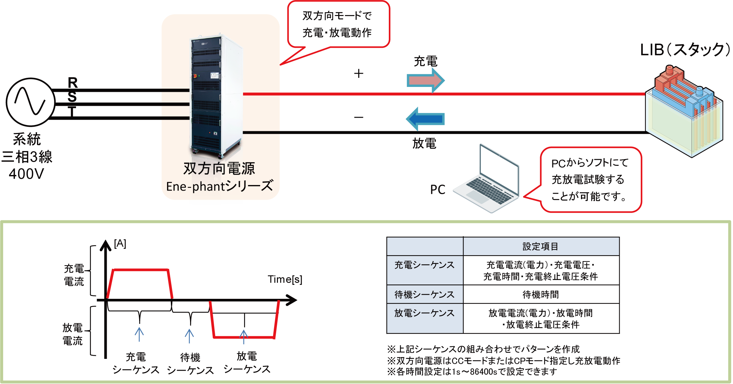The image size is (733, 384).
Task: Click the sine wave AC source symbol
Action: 31,102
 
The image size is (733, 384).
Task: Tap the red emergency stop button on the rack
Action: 195,76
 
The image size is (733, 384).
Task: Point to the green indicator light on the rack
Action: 199,76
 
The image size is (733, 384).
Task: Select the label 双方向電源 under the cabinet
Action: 219,169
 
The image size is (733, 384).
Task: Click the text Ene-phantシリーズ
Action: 220,186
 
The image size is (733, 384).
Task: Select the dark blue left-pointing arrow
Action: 425,119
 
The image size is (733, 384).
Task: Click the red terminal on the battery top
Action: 669,70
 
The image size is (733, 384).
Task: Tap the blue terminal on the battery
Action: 699,92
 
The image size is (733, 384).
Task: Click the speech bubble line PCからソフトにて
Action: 590,163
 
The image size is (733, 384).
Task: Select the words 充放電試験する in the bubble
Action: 588,180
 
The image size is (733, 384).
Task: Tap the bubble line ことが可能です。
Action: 589,197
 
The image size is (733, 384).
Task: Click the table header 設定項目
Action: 541,246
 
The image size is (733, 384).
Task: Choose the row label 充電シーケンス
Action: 424,265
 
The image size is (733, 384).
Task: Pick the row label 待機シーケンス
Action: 424,295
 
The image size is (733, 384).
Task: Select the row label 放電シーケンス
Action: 424,313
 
